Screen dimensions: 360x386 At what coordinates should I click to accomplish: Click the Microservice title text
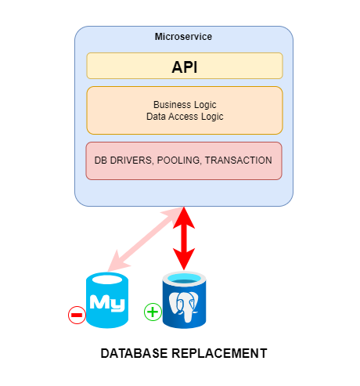click(x=183, y=37)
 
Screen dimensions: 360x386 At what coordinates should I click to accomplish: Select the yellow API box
click(x=185, y=66)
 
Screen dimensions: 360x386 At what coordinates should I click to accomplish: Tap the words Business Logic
click(x=185, y=105)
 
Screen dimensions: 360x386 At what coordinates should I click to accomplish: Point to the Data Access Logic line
click(x=185, y=117)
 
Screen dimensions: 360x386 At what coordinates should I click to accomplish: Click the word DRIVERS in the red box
click(x=131, y=161)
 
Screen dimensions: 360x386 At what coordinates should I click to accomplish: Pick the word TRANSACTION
click(x=239, y=161)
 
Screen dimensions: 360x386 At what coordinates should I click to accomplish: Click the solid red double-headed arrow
click(x=184, y=238)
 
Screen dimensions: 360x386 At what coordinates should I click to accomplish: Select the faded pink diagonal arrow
click(x=146, y=240)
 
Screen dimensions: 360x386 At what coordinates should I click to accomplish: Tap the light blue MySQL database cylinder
click(x=107, y=300)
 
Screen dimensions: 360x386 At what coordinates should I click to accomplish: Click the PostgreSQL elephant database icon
click(x=184, y=300)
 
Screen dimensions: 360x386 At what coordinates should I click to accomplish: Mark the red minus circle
click(x=77, y=315)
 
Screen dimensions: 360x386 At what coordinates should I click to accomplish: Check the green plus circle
click(x=153, y=312)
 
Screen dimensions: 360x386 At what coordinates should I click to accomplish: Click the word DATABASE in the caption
click(x=134, y=353)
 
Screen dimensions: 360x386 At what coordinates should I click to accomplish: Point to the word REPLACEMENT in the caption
click(x=219, y=353)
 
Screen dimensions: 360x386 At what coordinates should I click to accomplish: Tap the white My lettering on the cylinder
click(x=107, y=303)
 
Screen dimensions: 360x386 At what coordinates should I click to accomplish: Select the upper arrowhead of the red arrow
click(x=184, y=218)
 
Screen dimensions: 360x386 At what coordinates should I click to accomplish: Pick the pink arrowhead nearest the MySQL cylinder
click(x=117, y=262)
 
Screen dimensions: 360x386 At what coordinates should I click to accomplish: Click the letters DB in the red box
click(x=101, y=161)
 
